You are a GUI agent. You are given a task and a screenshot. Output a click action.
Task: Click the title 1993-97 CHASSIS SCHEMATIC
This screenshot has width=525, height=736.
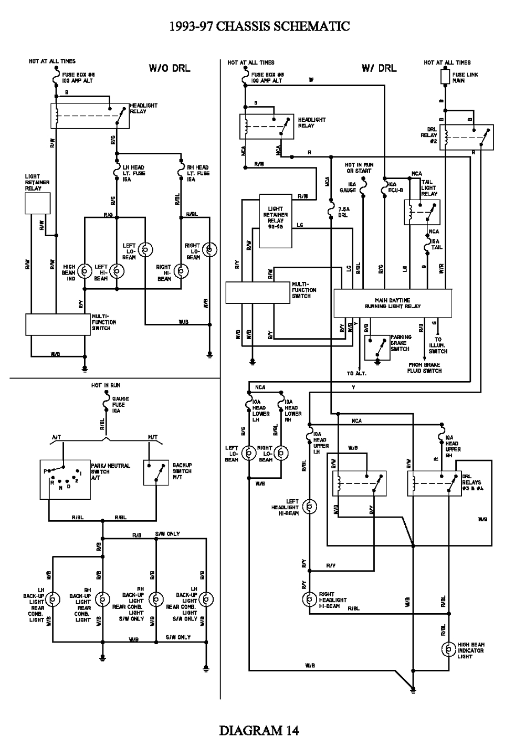coord(259,26)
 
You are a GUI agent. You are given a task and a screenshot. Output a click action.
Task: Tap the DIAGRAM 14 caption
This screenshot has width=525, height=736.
coord(259,729)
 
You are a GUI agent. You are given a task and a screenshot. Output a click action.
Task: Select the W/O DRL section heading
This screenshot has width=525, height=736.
coord(170,68)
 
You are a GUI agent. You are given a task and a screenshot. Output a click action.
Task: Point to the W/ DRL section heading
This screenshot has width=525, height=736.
coord(379,68)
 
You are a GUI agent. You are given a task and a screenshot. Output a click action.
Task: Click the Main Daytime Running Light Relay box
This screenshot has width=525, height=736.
coord(393,303)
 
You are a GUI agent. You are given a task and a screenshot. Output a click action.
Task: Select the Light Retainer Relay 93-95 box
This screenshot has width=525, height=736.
coord(276,221)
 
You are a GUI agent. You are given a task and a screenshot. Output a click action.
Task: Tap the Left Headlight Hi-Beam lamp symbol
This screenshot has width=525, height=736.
coord(310,507)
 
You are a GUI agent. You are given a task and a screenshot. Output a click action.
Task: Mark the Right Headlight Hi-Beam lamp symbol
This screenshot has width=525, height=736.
coord(310,599)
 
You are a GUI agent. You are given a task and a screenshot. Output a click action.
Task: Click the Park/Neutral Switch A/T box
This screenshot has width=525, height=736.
coord(65,479)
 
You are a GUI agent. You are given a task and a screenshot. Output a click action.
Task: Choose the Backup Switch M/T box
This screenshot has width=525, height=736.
coord(156,474)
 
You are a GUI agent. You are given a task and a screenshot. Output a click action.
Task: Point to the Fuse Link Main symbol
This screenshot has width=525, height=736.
coord(445,78)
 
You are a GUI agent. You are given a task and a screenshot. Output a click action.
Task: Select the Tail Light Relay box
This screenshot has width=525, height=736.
coord(421,212)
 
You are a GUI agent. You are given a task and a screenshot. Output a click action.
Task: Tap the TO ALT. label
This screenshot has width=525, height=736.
coord(356,373)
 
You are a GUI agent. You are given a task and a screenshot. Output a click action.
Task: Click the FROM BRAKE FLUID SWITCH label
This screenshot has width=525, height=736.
coord(425,367)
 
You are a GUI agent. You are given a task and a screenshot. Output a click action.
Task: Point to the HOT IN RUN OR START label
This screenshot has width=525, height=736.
coord(359,168)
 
